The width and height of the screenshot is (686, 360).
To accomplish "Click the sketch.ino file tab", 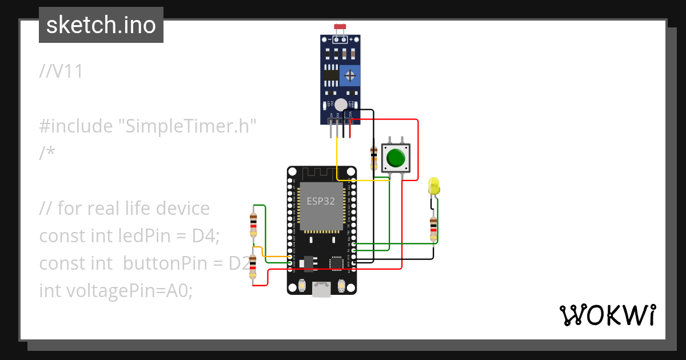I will coord(101,25).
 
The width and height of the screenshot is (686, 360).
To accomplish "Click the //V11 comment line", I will coord(62,71).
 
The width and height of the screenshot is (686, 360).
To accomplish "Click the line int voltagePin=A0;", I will coord(116,290).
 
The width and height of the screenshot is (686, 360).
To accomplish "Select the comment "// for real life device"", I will coord(125,208).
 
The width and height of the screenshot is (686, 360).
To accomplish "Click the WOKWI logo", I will coord(607,315).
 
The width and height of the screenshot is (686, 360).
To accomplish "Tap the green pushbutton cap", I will coord(396,157).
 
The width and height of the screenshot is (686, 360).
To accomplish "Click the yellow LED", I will coord(434,186).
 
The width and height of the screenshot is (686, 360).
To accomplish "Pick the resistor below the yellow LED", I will coord(433,228).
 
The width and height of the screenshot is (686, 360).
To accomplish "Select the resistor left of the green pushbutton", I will coord(374,157).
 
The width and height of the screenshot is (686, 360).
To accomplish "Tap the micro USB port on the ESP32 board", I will coord(321,290).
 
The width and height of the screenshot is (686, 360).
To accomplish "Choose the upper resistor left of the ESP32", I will coord(253,224).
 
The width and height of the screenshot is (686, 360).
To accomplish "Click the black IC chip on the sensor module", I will coord(330,75).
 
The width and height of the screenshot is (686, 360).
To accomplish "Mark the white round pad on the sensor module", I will coord(341,105).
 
